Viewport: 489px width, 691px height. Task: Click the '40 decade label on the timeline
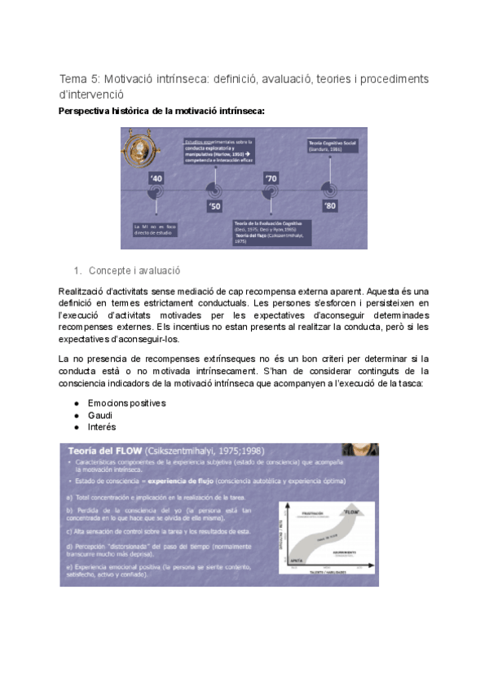pos(157,177)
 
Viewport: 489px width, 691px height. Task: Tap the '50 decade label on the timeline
pos(214,207)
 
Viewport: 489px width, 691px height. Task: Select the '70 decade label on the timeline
pos(271,177)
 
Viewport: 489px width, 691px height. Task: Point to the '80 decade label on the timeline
pos(329,207)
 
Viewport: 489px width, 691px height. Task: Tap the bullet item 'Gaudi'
pos(100,415)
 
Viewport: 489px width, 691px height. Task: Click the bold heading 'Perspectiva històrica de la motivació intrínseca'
pos(161,111)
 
